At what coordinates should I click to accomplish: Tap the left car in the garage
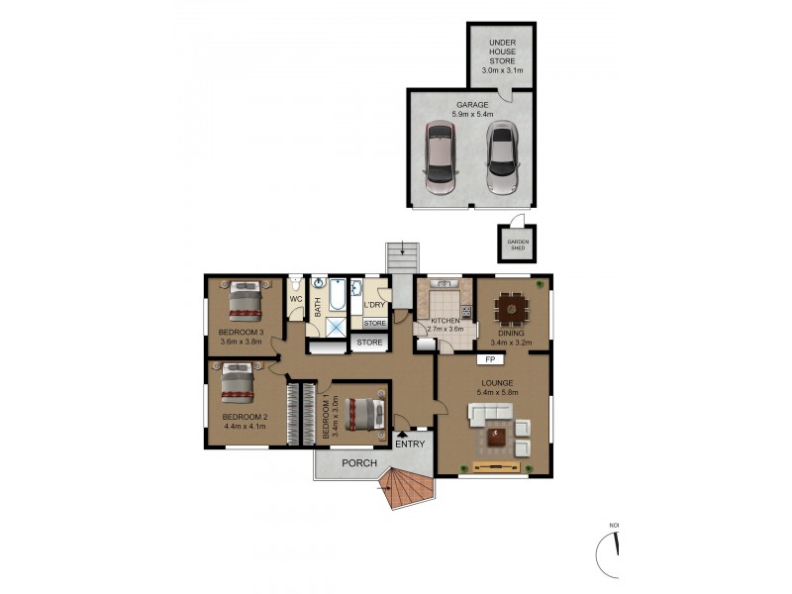click(441, 160)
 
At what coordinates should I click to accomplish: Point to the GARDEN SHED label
click(518, 246)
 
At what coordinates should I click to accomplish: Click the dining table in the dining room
click(512, 309)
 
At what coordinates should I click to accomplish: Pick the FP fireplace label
click(489, 359)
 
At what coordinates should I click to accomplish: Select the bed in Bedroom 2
click(238, 381)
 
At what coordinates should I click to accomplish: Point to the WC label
click(295, 299)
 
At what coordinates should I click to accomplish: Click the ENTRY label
click(410, 444)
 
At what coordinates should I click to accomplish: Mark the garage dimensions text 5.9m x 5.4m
click(473, 115)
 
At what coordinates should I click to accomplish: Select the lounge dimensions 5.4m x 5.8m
click(496, 391)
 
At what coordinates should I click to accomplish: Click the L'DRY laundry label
click(374, 305)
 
